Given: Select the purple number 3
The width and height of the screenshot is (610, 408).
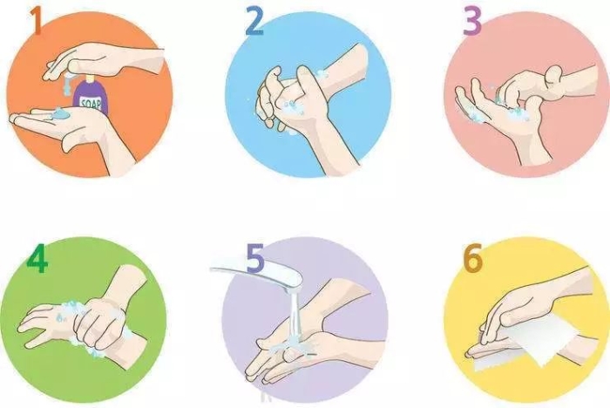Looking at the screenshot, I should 471,22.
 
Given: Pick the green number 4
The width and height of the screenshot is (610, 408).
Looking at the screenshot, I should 36,259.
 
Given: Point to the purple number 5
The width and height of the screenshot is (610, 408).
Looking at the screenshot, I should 254,259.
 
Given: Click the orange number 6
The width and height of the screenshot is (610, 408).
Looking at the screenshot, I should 471,259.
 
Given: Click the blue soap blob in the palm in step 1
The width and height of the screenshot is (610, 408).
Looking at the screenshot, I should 59,113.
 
